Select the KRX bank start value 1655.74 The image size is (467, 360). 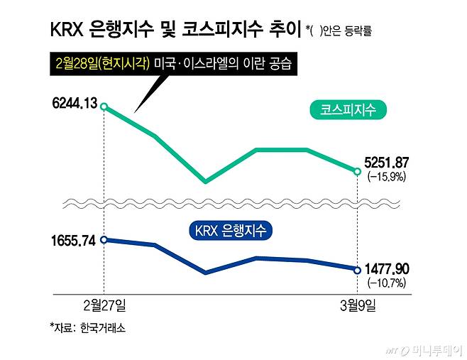74,240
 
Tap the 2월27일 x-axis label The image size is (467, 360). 103,305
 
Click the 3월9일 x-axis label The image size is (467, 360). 357,305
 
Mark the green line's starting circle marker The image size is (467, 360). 104,107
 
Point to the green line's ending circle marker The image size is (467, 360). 357,170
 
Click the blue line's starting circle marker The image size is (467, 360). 104,240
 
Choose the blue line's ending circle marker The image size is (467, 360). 357,269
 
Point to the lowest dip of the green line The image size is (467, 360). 205,182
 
